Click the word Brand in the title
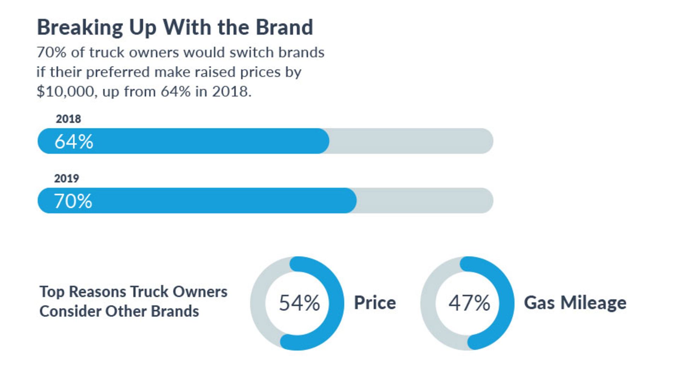click(284, 27)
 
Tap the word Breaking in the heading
click(80, 27)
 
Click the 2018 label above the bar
click(68, 119)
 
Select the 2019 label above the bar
click(66, 178)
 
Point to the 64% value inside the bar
click(74, 141)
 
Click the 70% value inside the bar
click(73, 201)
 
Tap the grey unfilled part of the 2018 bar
click(410, 141)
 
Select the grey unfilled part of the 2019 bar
click(424, 200)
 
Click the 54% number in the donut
click(299, 303)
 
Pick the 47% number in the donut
click(469, 303)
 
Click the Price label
click(375, 303)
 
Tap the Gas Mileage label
click(575, 303)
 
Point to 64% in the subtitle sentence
click(176, 92)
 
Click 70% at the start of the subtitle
click(51, 52)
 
